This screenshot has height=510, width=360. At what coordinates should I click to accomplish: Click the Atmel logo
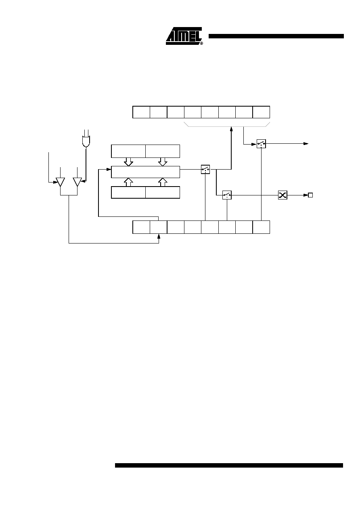pyautogui.click(x=184, y=36)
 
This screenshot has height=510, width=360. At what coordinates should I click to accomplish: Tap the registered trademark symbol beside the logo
pyautogui.click(x=201, y=43)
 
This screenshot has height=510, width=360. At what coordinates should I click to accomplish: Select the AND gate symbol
pyautogui.click(x=86, y=142)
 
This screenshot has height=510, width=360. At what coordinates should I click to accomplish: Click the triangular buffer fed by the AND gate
pyautogui.click(x=77, y=182)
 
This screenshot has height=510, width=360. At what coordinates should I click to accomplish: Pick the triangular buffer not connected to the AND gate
pyautogui.click(x=60, y=182)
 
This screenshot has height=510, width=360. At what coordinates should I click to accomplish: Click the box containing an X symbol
pyautogui.click(x=283, y=195)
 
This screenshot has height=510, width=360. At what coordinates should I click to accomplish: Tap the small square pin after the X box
pyautogui.click(x=310, y=195)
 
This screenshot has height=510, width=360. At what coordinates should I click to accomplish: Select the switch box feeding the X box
pyautogui.click(x=227, y=195)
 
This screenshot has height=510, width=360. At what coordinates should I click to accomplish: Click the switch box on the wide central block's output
pyautogui.click(x=205, y=169)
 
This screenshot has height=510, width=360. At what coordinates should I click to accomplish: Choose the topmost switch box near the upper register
pyautogui.click(x=261, y=144)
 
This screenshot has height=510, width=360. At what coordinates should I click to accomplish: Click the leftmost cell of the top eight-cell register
pyautogui.click(x=141, y=112)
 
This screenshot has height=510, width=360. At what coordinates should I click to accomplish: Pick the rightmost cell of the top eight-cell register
pyautogui.click(x=261, y=112)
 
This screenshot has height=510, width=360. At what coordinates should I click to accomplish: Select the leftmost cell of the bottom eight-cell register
pyautogui.click(x=141, y=227)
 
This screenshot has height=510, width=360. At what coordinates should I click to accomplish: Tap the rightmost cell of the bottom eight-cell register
pyautogui.click(x=261, y=227)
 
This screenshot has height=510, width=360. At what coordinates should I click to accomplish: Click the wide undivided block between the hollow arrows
pyautogui.click(x=145, y=172)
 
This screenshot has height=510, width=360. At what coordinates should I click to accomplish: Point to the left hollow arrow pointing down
pyautogui.click(x=128, y=162)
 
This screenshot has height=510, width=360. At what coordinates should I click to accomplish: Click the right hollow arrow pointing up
pyautogui.click(x=163, y=182)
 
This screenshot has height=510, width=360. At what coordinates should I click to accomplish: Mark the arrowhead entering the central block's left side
pyautogui.click(x=109, y=169)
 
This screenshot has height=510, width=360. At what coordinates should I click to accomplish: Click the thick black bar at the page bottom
pyautogui.click(x=229, y=465)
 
